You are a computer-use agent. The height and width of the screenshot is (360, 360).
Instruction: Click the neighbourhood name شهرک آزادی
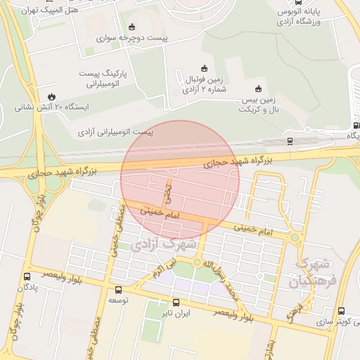pos(162,245)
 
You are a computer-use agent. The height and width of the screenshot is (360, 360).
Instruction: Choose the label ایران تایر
pos(175,312)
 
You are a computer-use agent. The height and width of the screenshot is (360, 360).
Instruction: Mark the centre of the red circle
pos(180,180)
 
